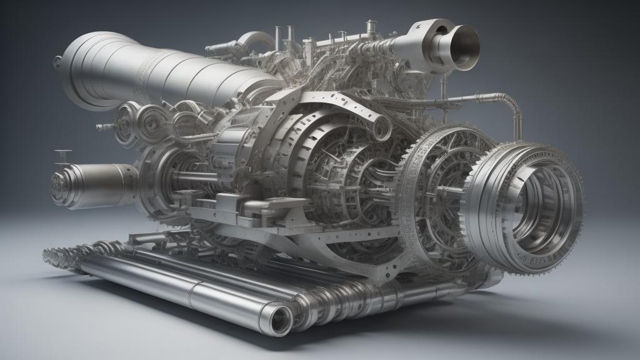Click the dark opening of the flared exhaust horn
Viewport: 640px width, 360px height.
[x=464, y=47]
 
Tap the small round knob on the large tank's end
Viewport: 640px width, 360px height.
[x=57, y=61]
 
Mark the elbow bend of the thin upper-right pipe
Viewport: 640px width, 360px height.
[x=514, y=102]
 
